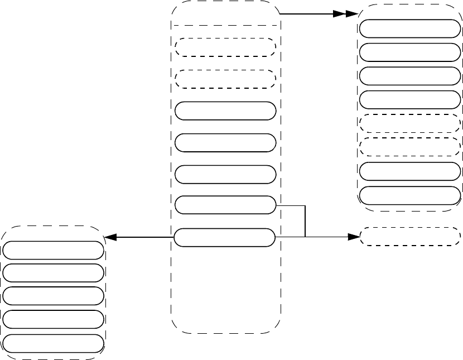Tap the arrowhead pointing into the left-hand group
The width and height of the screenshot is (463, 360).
click(111, 237)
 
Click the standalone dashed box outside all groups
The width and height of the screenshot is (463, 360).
click(411, 237)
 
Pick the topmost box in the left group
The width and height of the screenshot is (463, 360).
click(53, 249)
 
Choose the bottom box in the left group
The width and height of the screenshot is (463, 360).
click(53, 343)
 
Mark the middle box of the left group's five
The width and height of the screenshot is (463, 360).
click(53, 295)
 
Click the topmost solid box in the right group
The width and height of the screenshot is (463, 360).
click(410, 28)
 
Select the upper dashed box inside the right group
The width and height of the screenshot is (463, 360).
click(410, 123)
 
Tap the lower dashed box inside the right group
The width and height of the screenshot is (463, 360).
click(410, 147)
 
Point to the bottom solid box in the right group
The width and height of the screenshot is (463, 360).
click(410, 195)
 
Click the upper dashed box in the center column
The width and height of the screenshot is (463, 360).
click(225, 47)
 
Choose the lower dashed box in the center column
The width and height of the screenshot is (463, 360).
click(225, 79)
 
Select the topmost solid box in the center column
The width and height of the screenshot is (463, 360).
click(225, 111)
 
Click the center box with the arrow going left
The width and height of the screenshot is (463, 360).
click(225, 237)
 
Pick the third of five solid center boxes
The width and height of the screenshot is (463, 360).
click(225, 174)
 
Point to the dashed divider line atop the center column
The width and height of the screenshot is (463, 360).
click(225, 25)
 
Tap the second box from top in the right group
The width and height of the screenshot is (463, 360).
click(410, 52)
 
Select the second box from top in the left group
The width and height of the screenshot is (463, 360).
click(53, 272)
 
